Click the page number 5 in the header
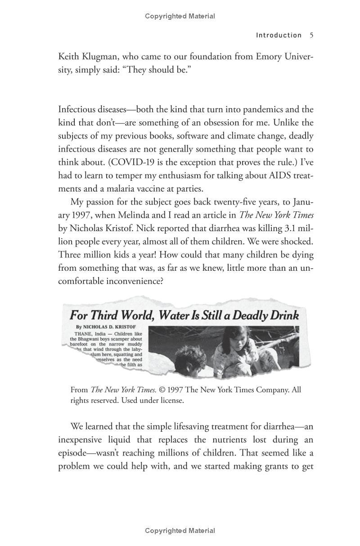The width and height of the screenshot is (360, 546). tap(311, 35)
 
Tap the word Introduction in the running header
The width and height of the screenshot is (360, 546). tap(279, 35)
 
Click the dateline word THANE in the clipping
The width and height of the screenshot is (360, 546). tap(79, 334)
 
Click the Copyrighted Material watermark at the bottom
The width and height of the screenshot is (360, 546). tap(180, 531)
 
